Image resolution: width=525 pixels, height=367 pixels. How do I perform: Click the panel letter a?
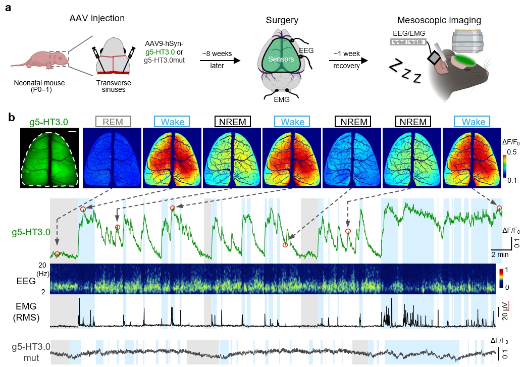[8, 9]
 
